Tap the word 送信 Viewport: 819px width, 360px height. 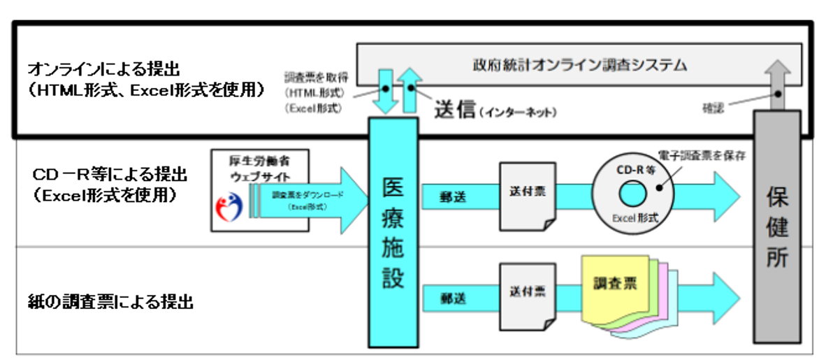tap(455, 109)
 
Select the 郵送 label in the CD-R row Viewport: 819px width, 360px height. tap(454, 196)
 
